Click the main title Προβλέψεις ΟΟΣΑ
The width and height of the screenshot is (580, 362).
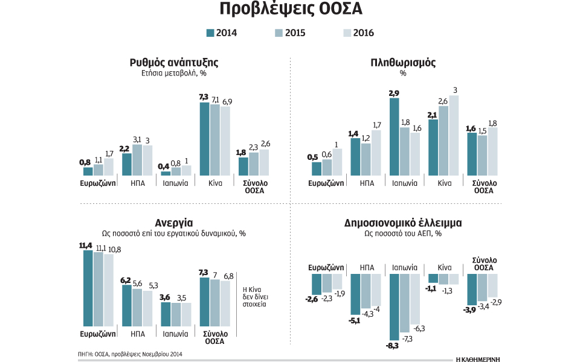click(x=290, y=10)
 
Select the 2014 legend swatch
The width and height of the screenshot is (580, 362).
click(x=210, y=33)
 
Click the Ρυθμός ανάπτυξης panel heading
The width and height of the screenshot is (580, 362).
click(x=173, y=62)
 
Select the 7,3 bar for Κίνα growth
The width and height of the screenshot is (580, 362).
click(x=204, y=139)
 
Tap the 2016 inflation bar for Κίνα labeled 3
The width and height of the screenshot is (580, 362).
click(x=454, y=135)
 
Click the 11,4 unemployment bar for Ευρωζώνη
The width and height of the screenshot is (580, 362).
click(x=88, y=288)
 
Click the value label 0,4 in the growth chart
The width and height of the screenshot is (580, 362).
click(x=164, y=166)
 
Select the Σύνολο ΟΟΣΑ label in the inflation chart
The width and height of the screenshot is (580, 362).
click(x=480, y=186)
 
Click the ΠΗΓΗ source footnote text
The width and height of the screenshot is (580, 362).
click(x=130, y=354)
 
